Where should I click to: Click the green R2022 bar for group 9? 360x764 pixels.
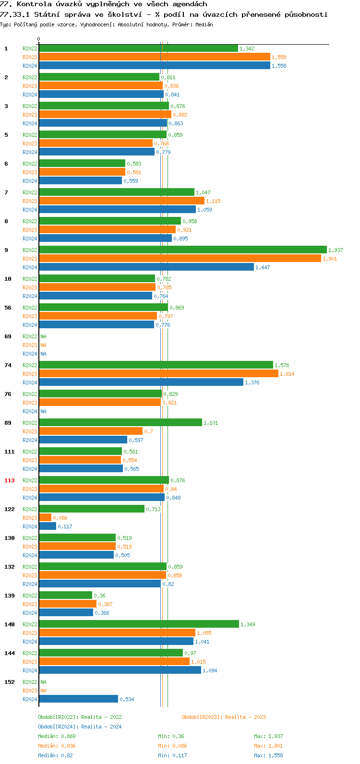[182, 250]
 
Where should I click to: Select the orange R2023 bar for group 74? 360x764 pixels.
[158, 373]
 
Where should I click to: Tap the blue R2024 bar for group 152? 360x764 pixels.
[78, 699]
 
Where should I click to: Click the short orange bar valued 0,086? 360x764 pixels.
[45, 517]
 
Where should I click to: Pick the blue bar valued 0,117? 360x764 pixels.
[48, 526]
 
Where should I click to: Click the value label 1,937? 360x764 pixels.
[336, 250]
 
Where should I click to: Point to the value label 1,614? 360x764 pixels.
[287, 374]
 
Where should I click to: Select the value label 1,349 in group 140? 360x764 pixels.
[248, 624]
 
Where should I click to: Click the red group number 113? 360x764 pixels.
[10, 480]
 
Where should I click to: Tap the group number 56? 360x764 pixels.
[8, 308]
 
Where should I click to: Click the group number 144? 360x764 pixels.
[10, 653]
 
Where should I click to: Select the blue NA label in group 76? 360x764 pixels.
[43, 411]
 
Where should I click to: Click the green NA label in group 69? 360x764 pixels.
[43, 336]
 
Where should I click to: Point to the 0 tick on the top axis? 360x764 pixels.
[39, 39]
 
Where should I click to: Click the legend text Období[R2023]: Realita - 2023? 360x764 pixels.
[224, 717]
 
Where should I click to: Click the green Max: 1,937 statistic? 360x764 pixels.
[268, 736]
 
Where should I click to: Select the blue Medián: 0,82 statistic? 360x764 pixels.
[55, 755]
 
